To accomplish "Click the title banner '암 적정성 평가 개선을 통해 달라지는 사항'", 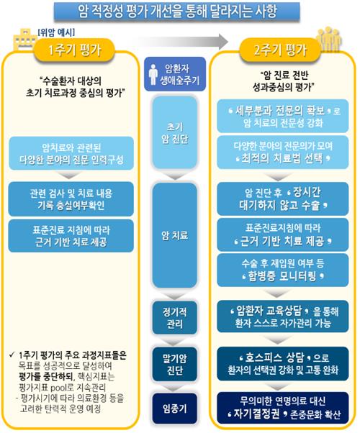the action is pyautogui.click(x=176, y=12).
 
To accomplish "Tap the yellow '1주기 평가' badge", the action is pyautogui.click(x=74, y=50).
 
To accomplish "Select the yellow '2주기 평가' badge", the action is pyautogui.click(x=280, y=50).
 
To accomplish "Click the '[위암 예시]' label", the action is pyautogui.click(x=56, y=32).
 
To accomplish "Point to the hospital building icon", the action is pyautogui.click(x=25, y=40).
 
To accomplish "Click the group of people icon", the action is pyautogui.click(x=329, y=39).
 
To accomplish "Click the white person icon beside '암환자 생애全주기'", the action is pyautogui.click(x=153, y=74).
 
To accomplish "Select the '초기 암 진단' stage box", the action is pyautogui.click(x=175, y=132).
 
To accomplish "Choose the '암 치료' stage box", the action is pyautogui.click(x=175, y=235).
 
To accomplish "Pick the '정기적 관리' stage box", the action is pyautogui.click(x=175, y=318).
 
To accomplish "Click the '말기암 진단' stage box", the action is pyautogui.click(x=175, y=364).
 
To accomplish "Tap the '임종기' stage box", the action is pyautogui.click(x=175, y=409).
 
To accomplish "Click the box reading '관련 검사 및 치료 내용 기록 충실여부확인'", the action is pyautogui.click(x=71, y=199).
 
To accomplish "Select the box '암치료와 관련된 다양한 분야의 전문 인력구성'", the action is pyautogui.click(x=71, y=153).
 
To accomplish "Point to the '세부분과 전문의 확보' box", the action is pyautogui.click(x=283, y=117).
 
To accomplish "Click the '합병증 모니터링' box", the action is pyautogui.click(x=283, y=270).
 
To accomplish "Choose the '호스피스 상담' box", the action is pyautogui.click(x=283, y=364).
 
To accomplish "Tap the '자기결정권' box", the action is pyautogui.click(x=283, y=408).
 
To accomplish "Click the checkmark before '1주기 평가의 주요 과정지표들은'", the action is pyautogui.click(x=12, y=355).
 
